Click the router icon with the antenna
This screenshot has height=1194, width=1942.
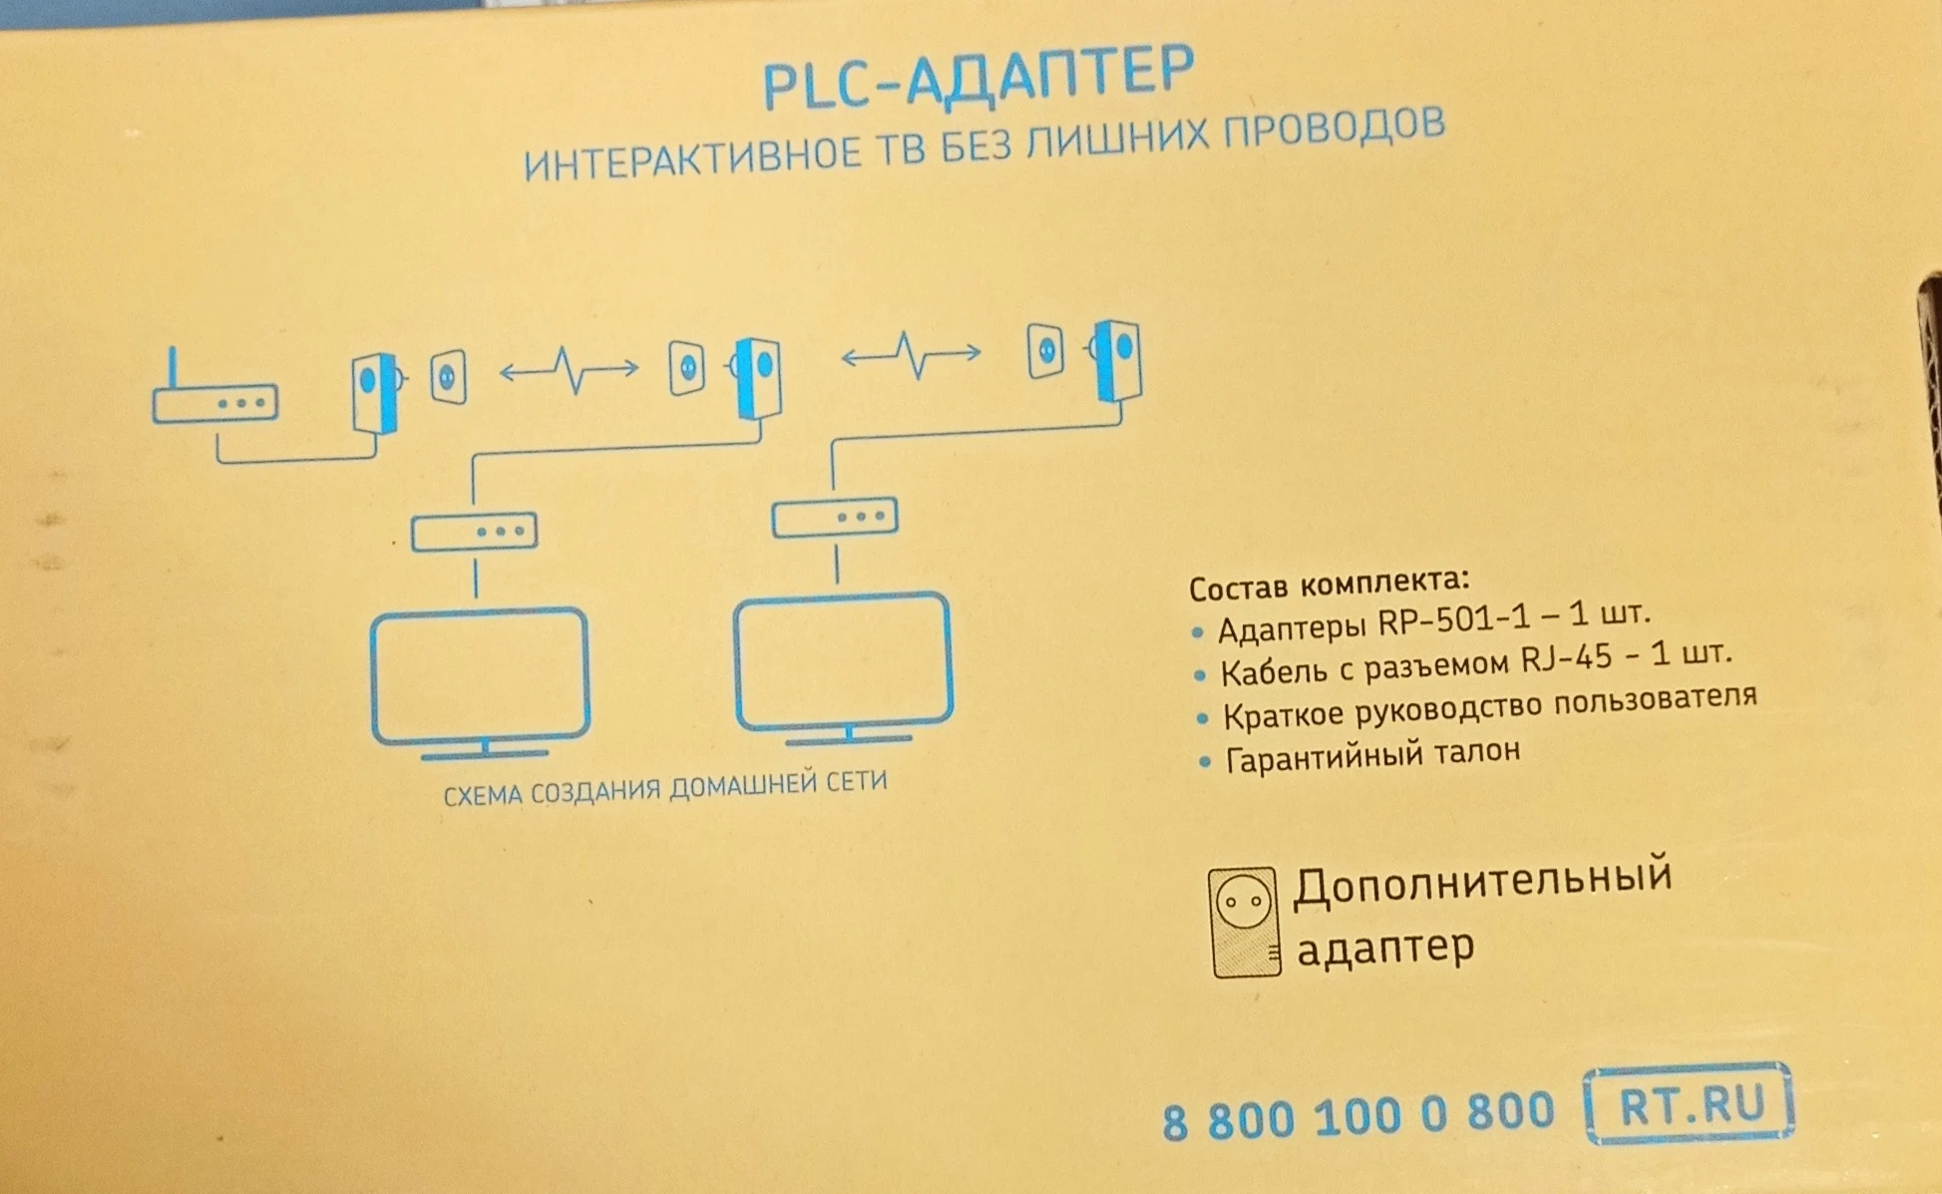pos(214,396)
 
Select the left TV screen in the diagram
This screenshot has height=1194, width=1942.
pos(480,675)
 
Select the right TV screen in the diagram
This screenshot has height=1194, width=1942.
pos(844,660)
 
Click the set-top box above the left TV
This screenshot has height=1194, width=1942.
pos(475,531)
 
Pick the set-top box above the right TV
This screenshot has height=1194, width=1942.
pos(836,517)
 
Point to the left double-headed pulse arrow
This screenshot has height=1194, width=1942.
pos(569,369)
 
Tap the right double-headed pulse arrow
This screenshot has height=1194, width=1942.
pos(911,354)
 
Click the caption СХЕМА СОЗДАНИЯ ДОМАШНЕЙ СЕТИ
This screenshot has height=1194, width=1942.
pos(665,788)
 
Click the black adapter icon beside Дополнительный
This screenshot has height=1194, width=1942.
pos(1244,922)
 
